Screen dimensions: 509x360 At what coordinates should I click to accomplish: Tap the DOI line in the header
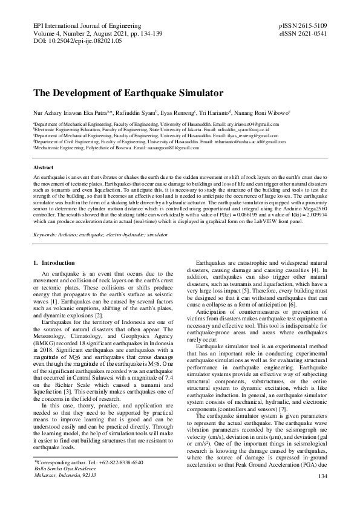[x=76, y=42]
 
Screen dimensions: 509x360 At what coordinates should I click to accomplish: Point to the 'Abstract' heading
[x=44, y=166]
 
